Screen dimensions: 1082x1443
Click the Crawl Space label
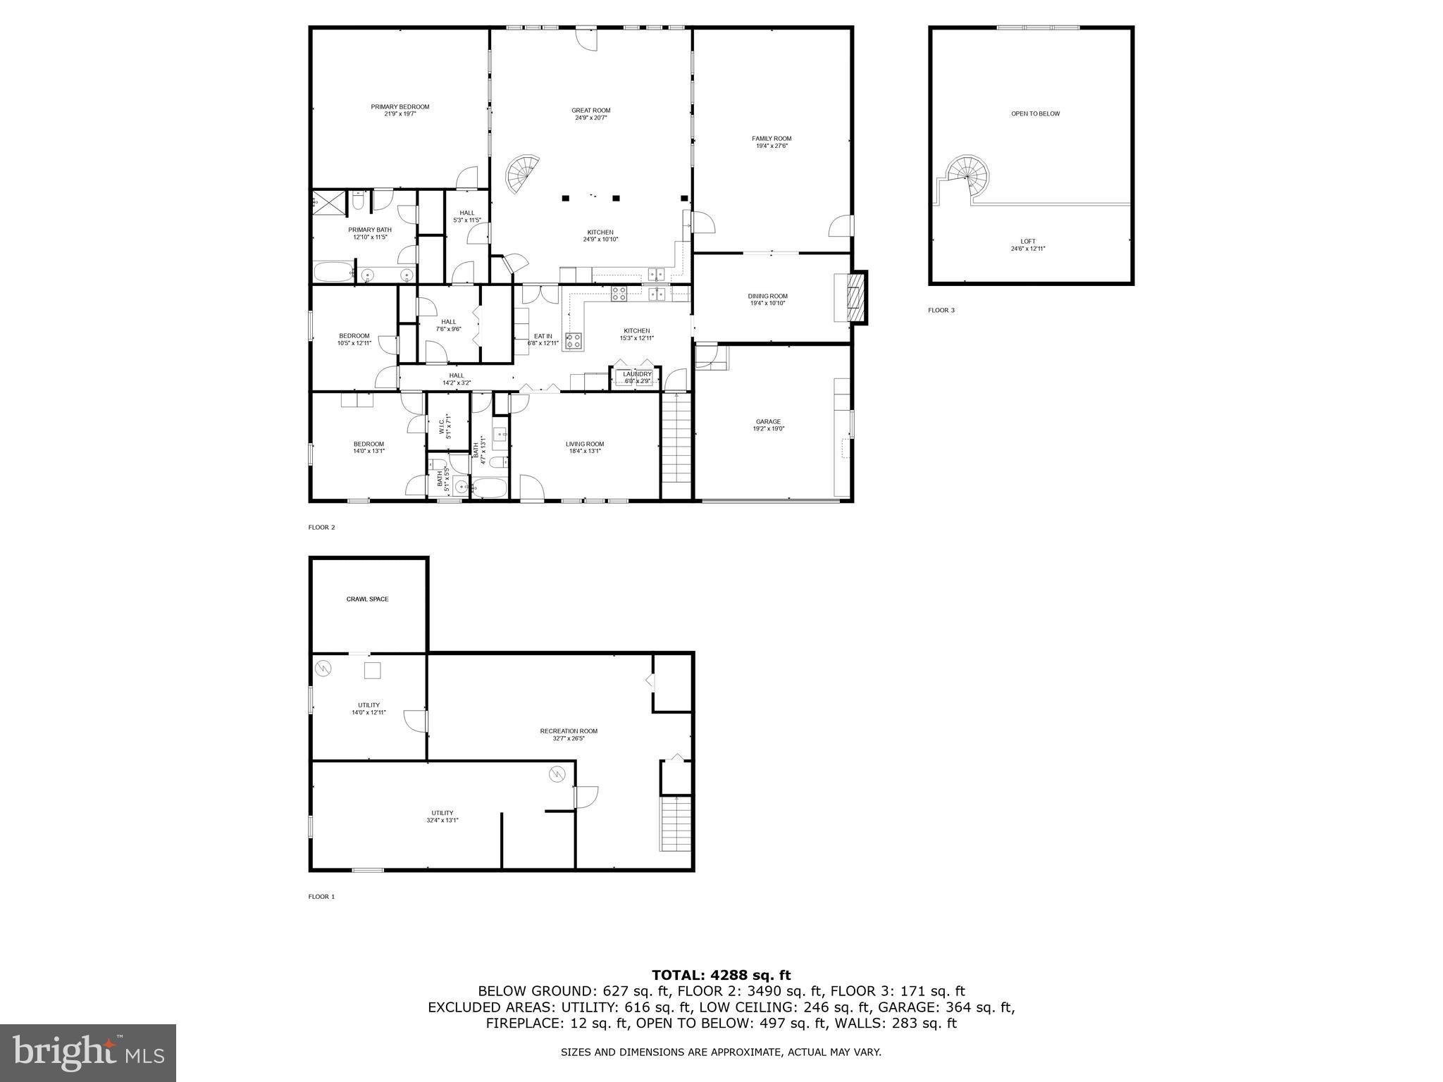[x=367, y=599]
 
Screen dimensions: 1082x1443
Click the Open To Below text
[x=1035, y=113]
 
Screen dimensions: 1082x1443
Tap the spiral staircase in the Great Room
[x=524, y=174]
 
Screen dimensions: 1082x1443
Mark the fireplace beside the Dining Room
[x=855, y=297]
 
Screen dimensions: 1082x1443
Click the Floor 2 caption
[x=321, y=527]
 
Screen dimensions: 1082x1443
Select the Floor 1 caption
[x=321, y=897]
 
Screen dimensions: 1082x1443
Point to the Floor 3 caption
[x=941, y=310]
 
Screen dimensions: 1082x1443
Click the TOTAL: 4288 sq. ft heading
[x=721, y=976]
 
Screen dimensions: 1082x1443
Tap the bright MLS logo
[x=88, y=1053]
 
